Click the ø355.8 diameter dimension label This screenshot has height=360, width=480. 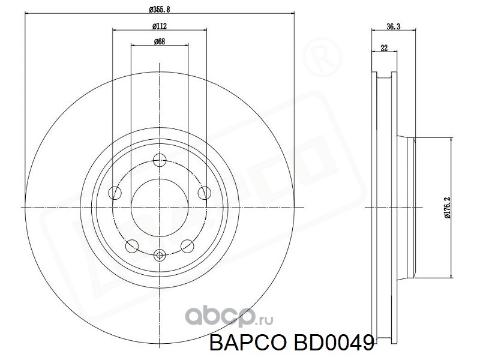coord(160,9)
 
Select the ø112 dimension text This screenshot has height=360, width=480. coord(160,26)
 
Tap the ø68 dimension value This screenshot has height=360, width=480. coord(160,41)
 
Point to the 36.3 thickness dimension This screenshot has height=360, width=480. coord(394,26)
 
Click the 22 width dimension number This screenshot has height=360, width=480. coord(384,48)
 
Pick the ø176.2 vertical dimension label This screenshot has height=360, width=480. coord(448,208)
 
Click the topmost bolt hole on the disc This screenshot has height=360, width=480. coord(160,160)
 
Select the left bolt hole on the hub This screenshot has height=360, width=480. coord(115,193)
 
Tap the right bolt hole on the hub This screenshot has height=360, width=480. coord(204,193)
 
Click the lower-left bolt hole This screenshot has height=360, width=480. coord(132,245)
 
